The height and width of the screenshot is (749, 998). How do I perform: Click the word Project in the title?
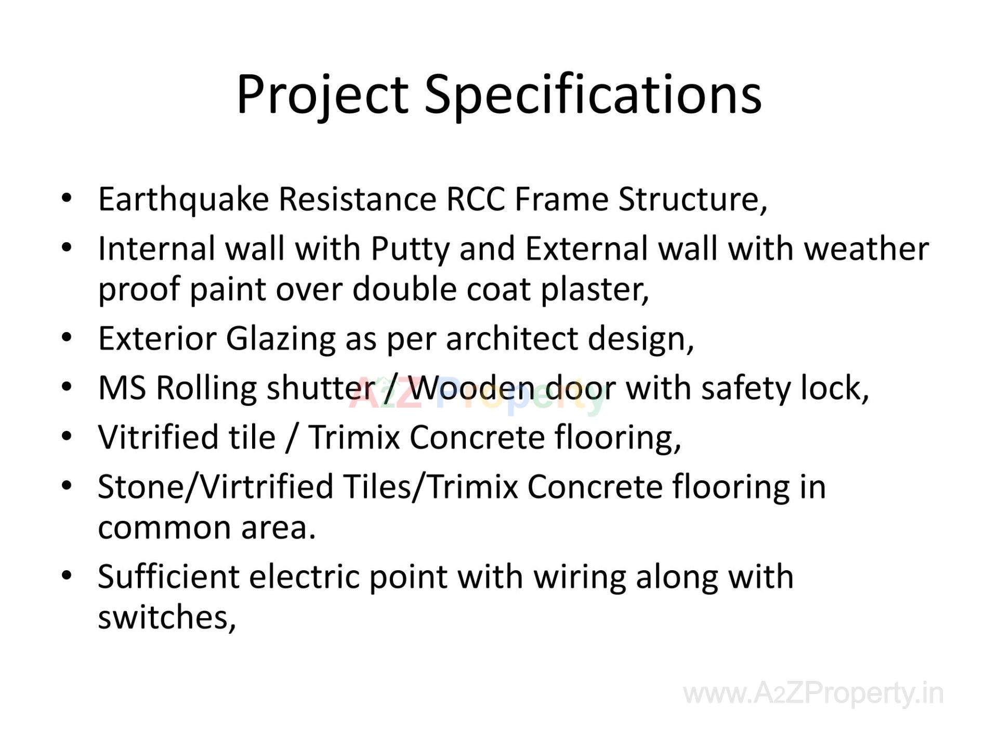[x=322, y=95]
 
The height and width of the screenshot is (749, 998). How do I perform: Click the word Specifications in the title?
[x=593, y=95]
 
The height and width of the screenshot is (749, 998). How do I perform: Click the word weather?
[x=866, y=249]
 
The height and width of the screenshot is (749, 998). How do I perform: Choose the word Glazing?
[x=280, y=339]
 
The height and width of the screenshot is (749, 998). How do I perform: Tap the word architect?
[x=512, y=339]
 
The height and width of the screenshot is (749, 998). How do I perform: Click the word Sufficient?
[x=168, y=577]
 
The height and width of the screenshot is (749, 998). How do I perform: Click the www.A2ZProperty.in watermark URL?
[x=813, y=693]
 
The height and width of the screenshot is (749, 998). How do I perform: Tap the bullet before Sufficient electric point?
[x=66, y=576]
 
